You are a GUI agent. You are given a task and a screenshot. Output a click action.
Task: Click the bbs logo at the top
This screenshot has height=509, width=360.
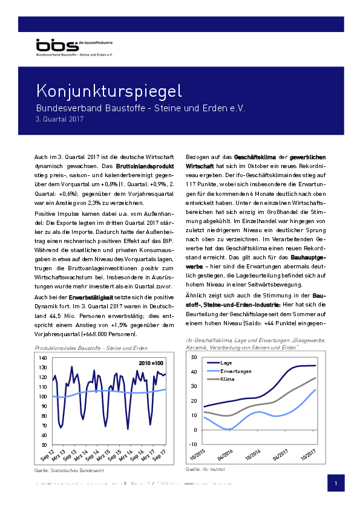point(57,46)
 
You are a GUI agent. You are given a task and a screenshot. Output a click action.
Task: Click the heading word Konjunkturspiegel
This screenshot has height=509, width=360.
point(109,92)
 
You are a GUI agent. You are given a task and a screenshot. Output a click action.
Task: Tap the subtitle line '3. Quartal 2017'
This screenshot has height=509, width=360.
point(59,120)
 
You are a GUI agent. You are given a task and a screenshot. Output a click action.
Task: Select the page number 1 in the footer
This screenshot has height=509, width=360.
point(336,484)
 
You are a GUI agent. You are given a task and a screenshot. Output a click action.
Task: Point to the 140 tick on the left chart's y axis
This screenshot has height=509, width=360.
point(42,358)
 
